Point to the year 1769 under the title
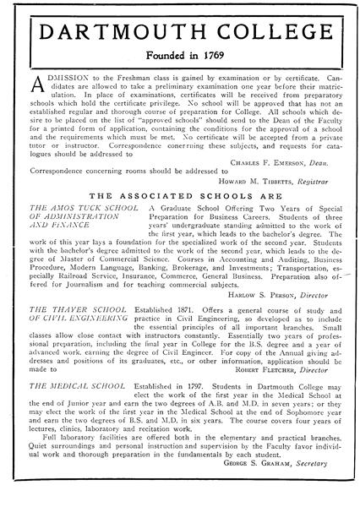pos(221,65)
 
